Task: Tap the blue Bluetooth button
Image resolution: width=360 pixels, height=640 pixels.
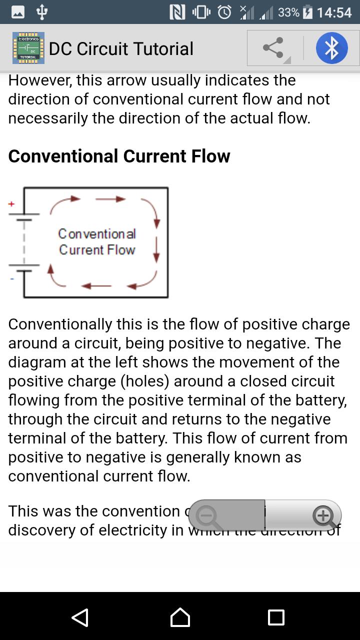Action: (x=331, y=48)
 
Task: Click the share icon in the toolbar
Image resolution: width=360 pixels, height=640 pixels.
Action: (x=273, y=48)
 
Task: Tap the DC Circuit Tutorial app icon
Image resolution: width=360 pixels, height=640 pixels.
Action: (x=28, y=48)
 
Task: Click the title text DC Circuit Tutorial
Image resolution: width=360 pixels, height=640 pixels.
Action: (x=121, y=48)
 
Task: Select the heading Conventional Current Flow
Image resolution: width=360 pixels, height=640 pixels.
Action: (x=119, y=156)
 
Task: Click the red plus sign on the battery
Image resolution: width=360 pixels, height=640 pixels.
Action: (x=11, y=204)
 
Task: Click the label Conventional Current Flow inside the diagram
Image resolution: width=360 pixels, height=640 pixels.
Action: (x=97, y=241)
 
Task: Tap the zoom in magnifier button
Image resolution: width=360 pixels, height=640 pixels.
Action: (x=323, y=515)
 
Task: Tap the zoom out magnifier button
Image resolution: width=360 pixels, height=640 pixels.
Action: (x=207, y=515)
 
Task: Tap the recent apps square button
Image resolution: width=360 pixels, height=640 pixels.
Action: (x=276, y=617)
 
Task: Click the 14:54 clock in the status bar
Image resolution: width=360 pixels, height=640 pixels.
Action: (x=334, y=12)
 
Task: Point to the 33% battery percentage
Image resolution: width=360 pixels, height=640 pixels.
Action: (x=288, y=12)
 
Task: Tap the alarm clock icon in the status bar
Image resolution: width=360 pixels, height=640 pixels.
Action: (x=224, y=12)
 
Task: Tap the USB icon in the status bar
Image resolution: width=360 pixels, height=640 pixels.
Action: (x=42, y=12)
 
